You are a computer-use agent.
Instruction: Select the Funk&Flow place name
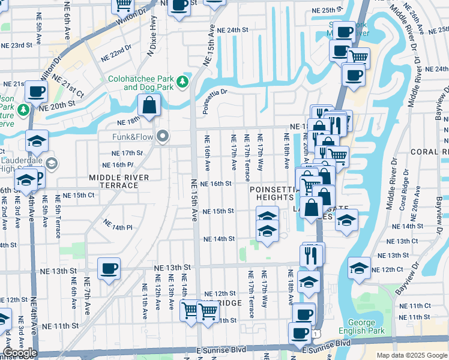[134, 137]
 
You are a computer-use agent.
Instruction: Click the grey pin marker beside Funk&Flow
[163, 137]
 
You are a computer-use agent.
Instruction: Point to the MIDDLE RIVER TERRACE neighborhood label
[113, 182]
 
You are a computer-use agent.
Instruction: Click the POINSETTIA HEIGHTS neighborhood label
[273, 194]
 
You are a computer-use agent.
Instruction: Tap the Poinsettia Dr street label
[215, 97]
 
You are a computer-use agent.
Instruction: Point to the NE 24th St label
[233, 30]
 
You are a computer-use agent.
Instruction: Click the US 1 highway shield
[315, 333]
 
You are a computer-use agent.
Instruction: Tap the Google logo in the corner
[19, 353]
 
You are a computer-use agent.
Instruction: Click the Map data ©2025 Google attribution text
[412, 355]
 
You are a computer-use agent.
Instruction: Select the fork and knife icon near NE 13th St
[311, 256]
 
